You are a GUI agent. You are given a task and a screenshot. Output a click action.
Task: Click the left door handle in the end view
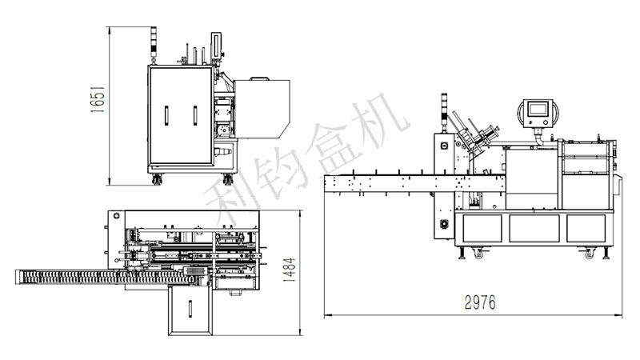pos(166,115)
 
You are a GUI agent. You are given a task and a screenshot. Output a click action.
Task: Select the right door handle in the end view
pos(194,115)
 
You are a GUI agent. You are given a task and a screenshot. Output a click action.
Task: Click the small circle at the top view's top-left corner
pos(117,217)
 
